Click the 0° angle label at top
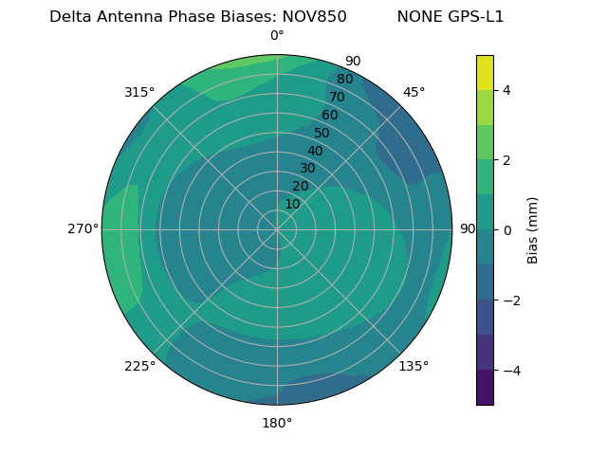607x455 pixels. coord(277,36)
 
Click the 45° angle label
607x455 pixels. coord(414,92)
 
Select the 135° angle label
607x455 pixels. coord(414,366)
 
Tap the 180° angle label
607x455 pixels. coord(277,423)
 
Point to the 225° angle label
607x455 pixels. coord(139,367)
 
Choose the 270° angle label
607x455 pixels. coord(83,228)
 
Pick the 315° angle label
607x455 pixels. coord(139,92)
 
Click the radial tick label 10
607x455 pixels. coord(292,204)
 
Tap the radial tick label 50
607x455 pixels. coord(322,134)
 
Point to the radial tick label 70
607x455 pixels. coord(337,98)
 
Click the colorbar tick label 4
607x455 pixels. coord(506,90)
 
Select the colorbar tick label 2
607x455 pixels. coord(506,160)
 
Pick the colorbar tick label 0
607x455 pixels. coord(506,229)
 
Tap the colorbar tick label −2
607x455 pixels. coord(509,300)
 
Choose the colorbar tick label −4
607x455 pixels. coord(509,370)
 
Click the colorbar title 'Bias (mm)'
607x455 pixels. coord(533,229)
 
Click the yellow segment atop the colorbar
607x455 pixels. coord(485,72)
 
